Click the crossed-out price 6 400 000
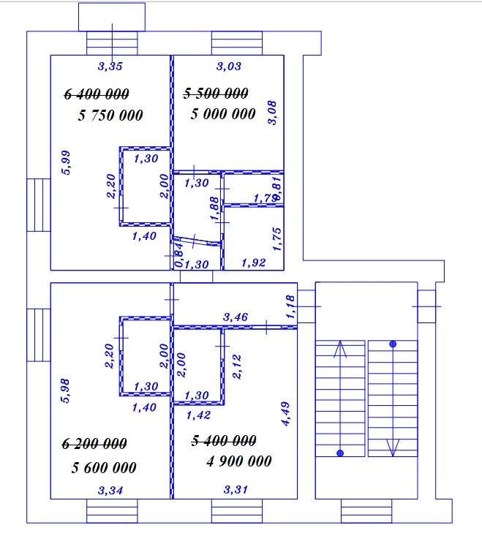coord(97,94)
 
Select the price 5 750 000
coord(110,115)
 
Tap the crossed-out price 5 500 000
coord(216,94)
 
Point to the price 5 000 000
coord(223,113)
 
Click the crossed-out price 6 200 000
coord(94,444)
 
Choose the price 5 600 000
coord(104,468)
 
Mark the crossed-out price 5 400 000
coord(224,441)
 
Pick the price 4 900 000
coord(239,461)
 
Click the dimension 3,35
coord(110,67)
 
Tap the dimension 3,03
coord(229,67)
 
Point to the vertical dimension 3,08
coord(272,113)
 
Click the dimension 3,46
coord(235,317)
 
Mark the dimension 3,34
coord(110,489)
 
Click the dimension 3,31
coord(235,489)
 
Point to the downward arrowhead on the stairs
coord(393,448)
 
